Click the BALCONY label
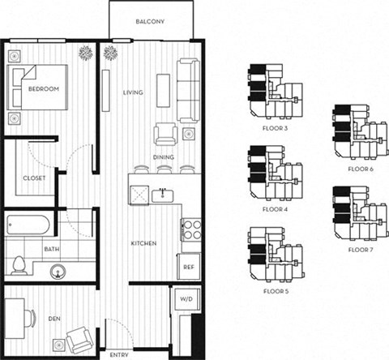coord(150,22)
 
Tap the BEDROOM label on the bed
coord(43,88)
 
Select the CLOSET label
coord(34,178)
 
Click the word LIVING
coord(133,92)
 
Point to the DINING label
coord(165,157)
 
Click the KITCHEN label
coord(144,243)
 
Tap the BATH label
coord(28,250)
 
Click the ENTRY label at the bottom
coord(120,354)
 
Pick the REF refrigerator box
coord(188,266)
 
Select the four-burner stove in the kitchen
coord(191,229)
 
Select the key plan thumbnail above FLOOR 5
coord(276,257)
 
